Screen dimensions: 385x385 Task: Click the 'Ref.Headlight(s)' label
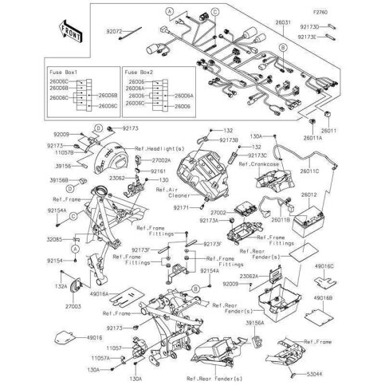159,149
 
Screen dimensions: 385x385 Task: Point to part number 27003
74,305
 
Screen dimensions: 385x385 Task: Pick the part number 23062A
252,275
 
